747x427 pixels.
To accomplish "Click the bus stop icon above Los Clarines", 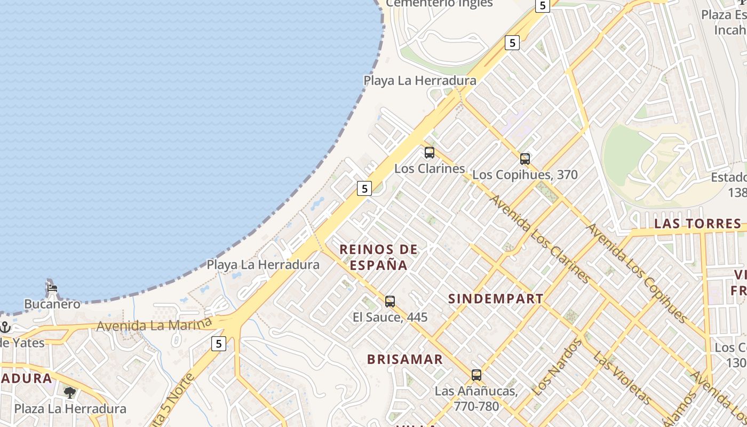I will click(x=430, y=153).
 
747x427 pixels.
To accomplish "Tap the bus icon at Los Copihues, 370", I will click(x=525, y=159).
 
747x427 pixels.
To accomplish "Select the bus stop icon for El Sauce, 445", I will click(x=390, y=301).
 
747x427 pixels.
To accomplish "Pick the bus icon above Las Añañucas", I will click(x=476, y=375).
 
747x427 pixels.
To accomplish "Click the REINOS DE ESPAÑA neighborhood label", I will click(x=379, y=257).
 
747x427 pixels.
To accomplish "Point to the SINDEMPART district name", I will click(x=496, y=299).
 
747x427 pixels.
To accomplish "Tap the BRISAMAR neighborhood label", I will click(x=405, y=359).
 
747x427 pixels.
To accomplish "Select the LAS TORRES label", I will click(x=698, y=224).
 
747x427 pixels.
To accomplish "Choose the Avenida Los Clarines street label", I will click(x=539, y=239).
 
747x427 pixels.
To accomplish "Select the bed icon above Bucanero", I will click(x=52, y=288).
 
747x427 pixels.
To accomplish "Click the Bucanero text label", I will click(x=52, y=304).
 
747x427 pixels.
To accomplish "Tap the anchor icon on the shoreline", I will click(x=5, y=326).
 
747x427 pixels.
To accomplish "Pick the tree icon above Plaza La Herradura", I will click(x=69, y=393).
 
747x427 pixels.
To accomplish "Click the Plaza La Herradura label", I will click(x=70, y=409).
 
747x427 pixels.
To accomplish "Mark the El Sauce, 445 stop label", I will click(x=390, y=317).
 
